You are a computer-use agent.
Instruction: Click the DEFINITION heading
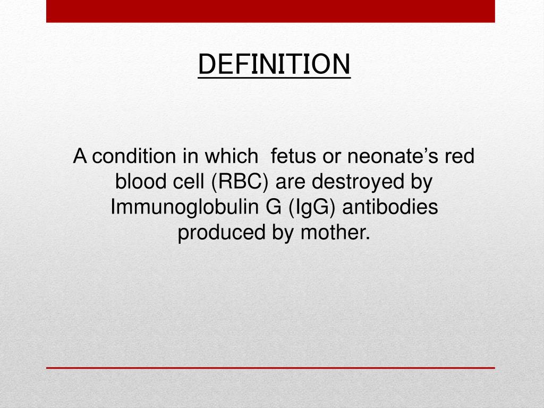click(x=274, y=64)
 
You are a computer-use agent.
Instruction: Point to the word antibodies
click(x=390, y=207)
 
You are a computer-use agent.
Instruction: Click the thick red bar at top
click(x=270, y=11)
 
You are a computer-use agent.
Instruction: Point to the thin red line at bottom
click(x=270, y=367)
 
